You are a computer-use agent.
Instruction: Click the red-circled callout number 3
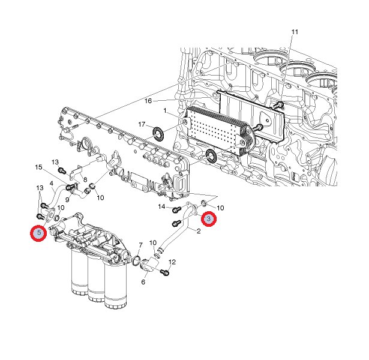(209, 219)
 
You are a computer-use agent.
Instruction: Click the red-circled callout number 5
(38, 233)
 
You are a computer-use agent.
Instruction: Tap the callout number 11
(295, 32)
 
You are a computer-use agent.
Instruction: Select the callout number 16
(148, 101)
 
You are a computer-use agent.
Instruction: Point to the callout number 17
(142, 124)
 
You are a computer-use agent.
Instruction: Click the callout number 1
(165, 110)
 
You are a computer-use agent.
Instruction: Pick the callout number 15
(38, 167)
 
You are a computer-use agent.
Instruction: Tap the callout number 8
(85, 179)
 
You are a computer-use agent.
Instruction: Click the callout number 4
(52, 183)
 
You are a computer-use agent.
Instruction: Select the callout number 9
(67, 200)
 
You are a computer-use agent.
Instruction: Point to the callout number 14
(161, 206)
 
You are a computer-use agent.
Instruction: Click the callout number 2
(199, 231)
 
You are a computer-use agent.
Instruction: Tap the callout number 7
(140, 245)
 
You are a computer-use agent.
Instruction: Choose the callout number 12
(172, 262)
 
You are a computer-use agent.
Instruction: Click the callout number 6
(143, 281)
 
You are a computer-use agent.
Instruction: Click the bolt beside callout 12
(165, 272)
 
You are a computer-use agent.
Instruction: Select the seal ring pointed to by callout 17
(158, 134)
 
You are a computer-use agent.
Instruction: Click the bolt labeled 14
(176, 209)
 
